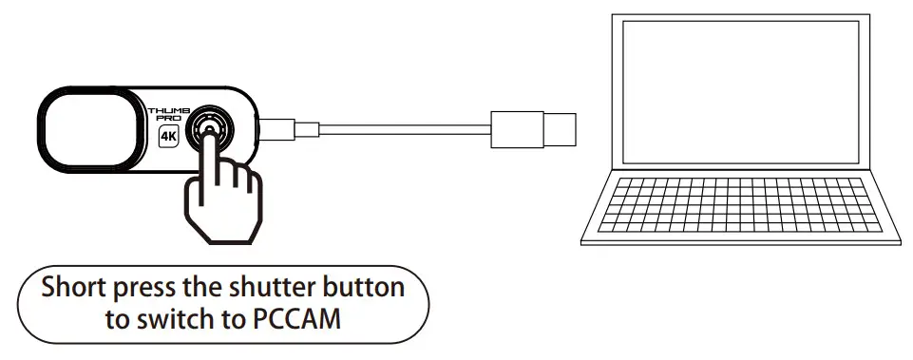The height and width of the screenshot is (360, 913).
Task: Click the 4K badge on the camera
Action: [169, 136]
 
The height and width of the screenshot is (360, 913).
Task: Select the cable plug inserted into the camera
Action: [279, 126]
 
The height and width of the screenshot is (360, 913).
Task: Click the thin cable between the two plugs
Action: [399, 125]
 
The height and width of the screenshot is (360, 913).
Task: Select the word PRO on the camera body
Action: [166, 121]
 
